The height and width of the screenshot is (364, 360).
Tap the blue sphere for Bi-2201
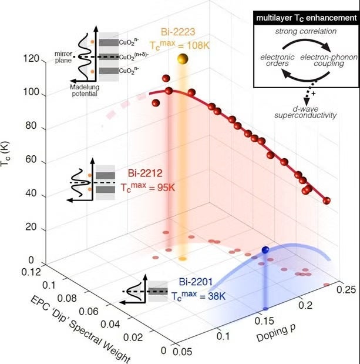tap(265, 250)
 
